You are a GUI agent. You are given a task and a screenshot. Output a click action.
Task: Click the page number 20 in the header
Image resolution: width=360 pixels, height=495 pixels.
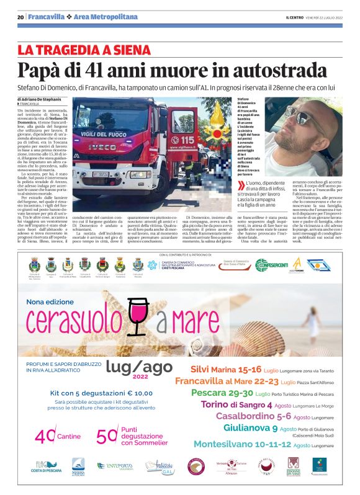[20, 17]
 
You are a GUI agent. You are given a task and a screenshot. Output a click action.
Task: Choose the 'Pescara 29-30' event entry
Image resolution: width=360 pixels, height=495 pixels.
[222, 393]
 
